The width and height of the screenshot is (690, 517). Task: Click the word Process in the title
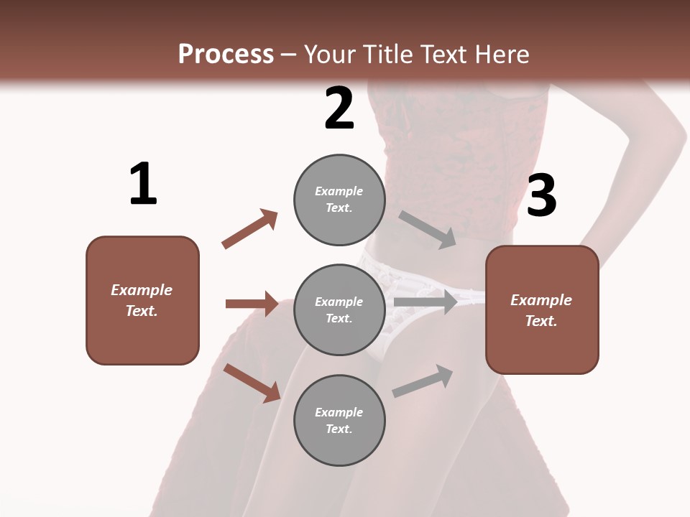[226, 54]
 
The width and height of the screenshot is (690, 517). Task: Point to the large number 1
[143, 184]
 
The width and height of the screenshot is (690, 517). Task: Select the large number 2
[339, 108]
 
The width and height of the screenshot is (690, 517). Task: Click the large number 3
[542, 195]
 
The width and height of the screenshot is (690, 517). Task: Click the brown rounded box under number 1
[142, 300]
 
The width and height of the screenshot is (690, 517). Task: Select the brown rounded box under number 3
[542, 310]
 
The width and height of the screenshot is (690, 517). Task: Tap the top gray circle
[339, 200]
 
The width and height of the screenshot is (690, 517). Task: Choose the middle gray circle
[339, 310]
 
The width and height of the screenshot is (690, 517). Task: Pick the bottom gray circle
[339, 421]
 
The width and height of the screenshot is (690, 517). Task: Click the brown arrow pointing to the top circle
[249, 229]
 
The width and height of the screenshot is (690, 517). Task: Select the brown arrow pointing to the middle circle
[252, 304]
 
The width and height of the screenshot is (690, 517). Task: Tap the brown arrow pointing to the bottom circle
[252, 383]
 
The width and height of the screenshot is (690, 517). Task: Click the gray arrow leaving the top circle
[427, 229]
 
